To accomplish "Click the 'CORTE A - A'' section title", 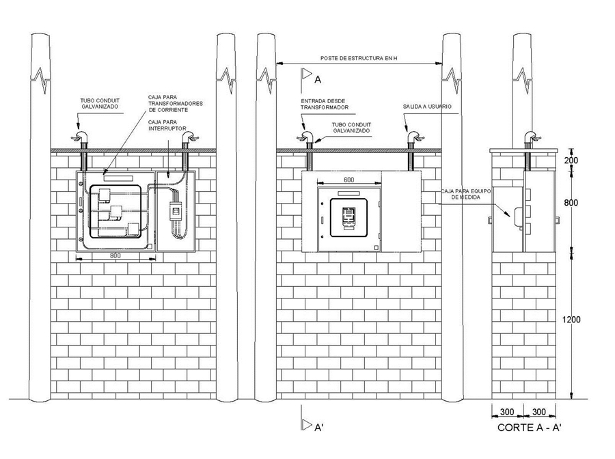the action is (530, 428).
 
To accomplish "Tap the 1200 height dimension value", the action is (571, 320).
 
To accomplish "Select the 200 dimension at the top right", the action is (571, 160).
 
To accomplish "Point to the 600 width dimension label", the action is (348, 180).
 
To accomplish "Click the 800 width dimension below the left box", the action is (115, 255).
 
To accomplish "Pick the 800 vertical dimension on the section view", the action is (571, 202).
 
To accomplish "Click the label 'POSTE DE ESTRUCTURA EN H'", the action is (359, 59).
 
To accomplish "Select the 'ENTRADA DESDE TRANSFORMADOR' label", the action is (325, 105).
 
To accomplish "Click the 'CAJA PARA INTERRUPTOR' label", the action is (167, 126).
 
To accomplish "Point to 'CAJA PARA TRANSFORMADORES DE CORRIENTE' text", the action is (176, 104).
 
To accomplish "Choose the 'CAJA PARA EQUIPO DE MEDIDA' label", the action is (465, 194).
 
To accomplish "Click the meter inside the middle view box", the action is (348, 218).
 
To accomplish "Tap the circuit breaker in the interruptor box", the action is (176, 211).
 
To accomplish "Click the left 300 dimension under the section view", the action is (507, 412).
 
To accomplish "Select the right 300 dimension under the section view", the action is (539, 412).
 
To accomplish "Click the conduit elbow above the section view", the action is (532, 137).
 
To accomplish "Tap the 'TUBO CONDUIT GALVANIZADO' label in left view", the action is (100, 104).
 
